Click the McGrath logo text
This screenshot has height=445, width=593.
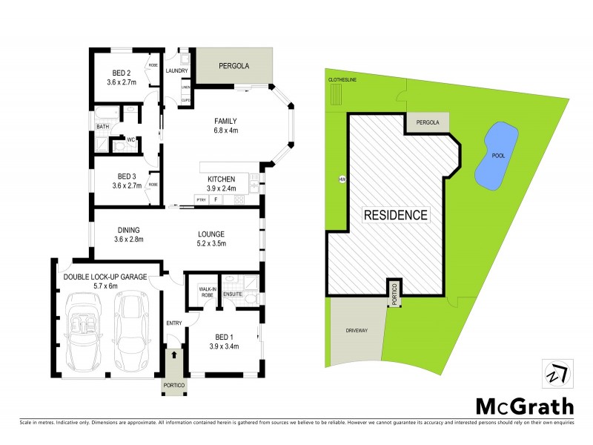pos(524,406)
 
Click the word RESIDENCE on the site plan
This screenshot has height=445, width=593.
pos(395,216)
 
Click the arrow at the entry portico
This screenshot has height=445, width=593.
pos(174,355)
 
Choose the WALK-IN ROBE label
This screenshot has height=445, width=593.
pos(208,292)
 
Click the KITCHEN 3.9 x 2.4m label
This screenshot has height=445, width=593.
pos(221,184)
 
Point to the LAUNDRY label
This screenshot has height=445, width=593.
pos(177,71)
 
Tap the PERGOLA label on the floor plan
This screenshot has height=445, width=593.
pos(233,66)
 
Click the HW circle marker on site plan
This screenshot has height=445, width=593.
pos(342,179)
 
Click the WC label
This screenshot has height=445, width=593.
pos(130,139)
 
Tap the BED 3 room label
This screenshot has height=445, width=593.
pos(122,180)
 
